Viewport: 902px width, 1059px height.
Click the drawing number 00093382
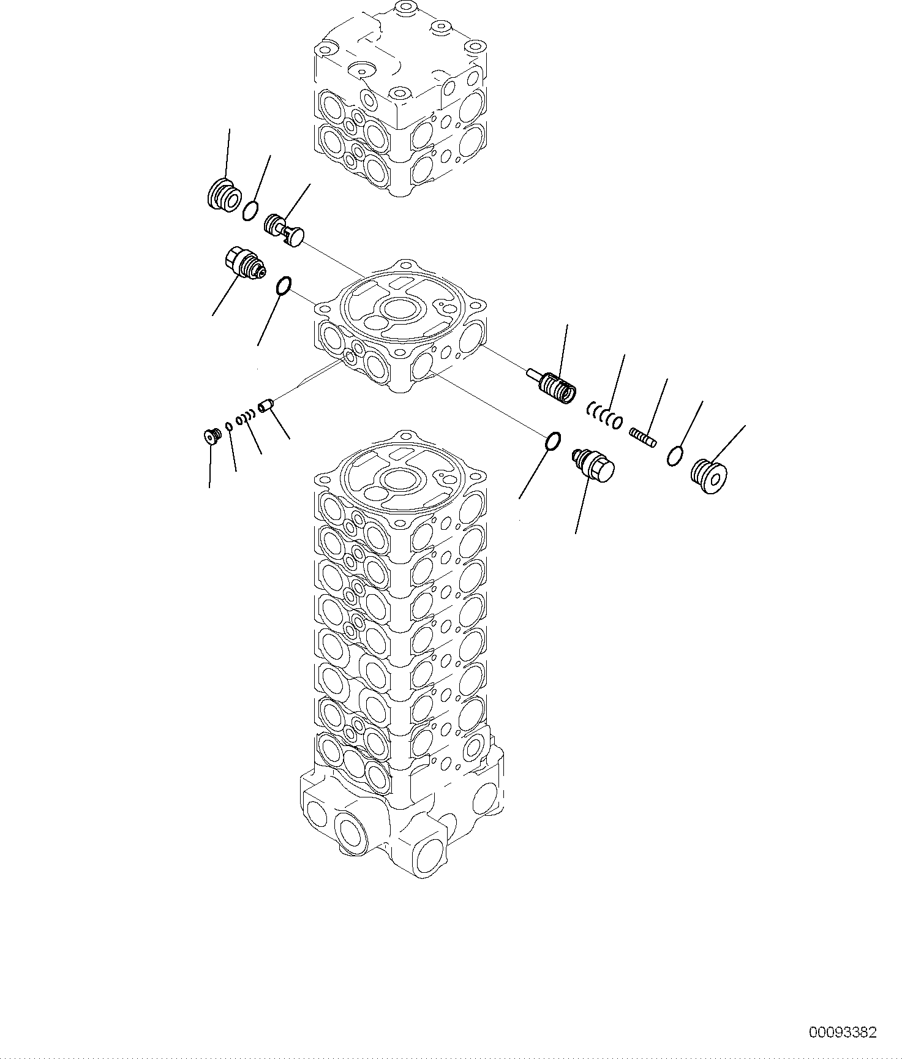coord(843,1032)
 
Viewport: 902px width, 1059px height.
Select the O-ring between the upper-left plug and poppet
coord(250,211)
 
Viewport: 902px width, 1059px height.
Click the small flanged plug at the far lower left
coord(211,435)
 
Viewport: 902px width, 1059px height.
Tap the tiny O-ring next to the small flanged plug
coord(228,426)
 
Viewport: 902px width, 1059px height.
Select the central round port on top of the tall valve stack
coord(400,479)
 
